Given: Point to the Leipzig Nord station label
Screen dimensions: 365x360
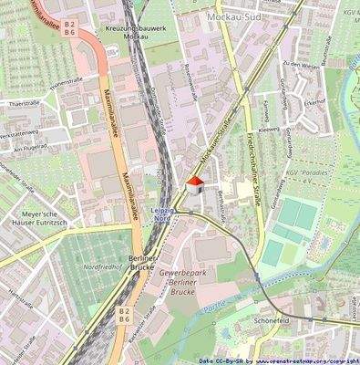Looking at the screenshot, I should pos(163,213).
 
